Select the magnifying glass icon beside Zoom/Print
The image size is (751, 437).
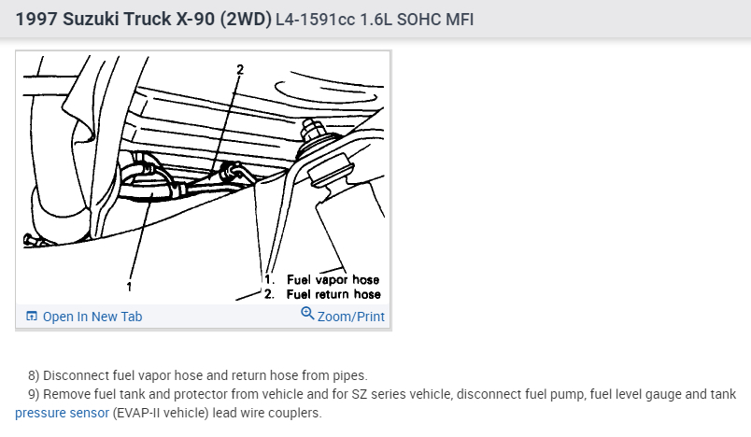coord(307,314)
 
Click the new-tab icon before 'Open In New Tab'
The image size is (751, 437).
coord(32,316)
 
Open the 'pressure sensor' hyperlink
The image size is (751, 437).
coord(63,413)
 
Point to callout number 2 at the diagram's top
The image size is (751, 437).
coord(240,70)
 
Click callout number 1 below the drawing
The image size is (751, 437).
coord(129,287)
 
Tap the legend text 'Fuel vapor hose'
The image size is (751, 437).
coord(333,279)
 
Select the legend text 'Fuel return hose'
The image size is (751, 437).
coord(333,294)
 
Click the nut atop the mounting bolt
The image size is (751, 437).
coord(311,128)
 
